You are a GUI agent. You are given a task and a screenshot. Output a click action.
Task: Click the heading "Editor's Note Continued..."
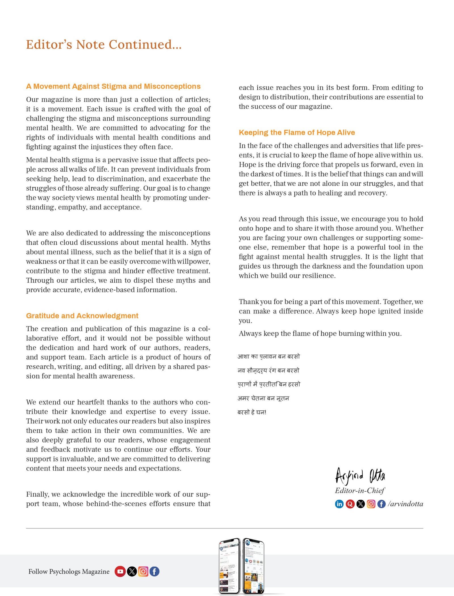(x=104, y=45)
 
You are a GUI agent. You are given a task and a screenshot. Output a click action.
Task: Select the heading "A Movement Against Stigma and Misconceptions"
(x=113, y=86)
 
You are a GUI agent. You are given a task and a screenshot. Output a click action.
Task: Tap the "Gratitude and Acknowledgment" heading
(x=82, y=316)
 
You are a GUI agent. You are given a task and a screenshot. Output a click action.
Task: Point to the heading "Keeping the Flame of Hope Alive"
(x=297, y=132)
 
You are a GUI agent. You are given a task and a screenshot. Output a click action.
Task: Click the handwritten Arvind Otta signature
(x=360, y=476)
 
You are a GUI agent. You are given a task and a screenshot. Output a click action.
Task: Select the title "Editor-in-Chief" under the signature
(x=360, y=490)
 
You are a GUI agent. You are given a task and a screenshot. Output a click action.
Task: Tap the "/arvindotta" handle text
(x=405, y=504)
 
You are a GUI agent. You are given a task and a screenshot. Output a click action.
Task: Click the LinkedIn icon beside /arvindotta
(x=339, y=504)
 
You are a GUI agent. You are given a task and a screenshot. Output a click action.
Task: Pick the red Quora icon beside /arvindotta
(x=350, y=504)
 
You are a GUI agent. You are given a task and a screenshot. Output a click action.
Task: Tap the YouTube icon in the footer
(x=120, y=571)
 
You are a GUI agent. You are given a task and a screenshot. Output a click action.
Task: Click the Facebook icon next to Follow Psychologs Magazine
(x=154, y=571)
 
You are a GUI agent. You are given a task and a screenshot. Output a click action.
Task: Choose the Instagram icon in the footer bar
(x=143, y=571)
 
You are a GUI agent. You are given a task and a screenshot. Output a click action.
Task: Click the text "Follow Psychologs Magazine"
(x=69, y=571)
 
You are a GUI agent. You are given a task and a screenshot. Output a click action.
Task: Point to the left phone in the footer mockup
(x=230, y=566)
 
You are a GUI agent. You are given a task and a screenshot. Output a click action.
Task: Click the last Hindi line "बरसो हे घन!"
(x=252, y=412)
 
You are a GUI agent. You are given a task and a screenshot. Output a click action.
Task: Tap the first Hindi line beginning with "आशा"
(x=268, y=357)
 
